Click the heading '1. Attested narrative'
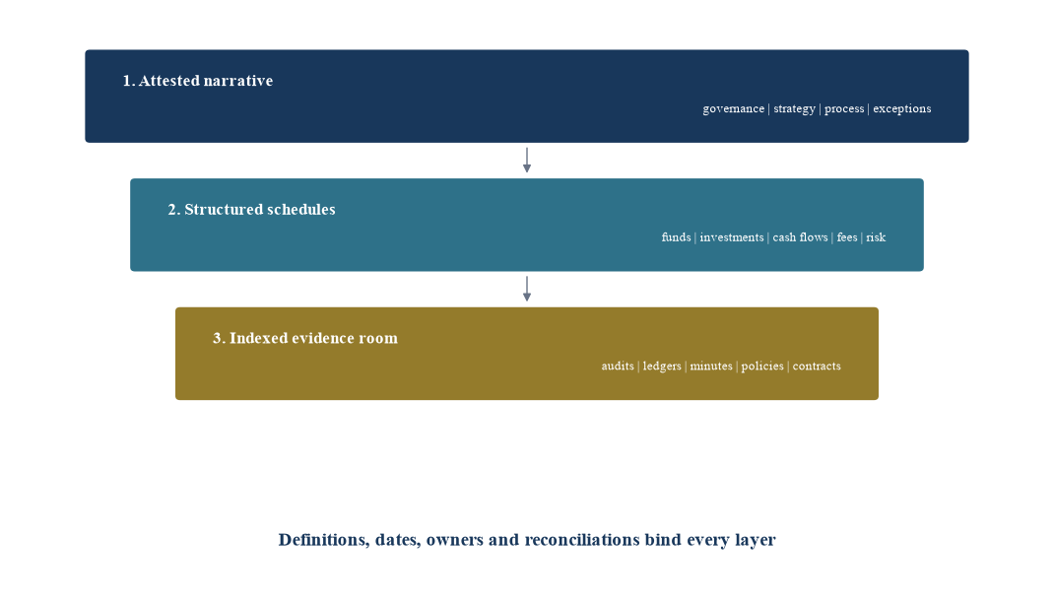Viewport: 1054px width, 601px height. click(x=198, y=81)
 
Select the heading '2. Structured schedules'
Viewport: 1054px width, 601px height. click(x=251, y=210)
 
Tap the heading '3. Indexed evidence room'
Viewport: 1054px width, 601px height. click(x=305, y=338)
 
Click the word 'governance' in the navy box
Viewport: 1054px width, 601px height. click(x=733, y=109)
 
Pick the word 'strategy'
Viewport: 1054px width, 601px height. click(x=795, y=109)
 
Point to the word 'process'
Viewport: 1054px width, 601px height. click(x=844, y=109)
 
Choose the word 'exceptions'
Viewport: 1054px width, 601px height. click(x=902, y=109)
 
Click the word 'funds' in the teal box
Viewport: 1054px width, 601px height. click(x=676, y=237)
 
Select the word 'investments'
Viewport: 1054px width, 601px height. click(x=731, y=237)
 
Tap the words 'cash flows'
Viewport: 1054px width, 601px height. click(x=800, y=237)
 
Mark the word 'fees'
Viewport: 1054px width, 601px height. click(x=847, y=237)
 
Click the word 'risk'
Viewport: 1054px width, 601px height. click(x=876, y=237)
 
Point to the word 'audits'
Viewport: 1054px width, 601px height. click(x=618, y=367)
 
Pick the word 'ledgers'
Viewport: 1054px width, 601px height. click(x=662, y=367)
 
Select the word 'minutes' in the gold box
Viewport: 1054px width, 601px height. click(x=711, y=367)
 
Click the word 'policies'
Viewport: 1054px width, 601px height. click(x=762, y=367)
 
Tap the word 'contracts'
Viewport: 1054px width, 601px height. click(x=817, y=367)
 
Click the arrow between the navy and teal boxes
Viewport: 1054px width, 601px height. click(x=527, y=160)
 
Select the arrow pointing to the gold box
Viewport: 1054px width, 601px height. click(x=527, y=289)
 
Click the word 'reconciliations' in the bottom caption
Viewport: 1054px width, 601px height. click(x=582, y=540)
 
